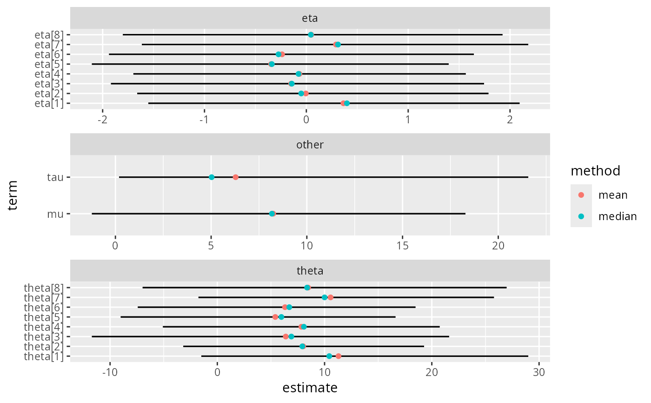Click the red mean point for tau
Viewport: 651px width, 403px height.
[x=235, y=177]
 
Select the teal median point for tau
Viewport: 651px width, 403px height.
[x=212, y=177]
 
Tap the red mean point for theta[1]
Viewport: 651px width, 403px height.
[x=338, y=356]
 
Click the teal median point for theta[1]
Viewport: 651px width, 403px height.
[x=329, y=356]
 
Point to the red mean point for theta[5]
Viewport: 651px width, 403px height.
[x=275, y=317]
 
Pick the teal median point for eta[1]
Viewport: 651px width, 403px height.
[x=347, y=103]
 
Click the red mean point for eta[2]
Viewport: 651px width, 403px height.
[x=306, y=94]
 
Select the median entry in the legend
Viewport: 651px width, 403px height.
[x=581, y=216]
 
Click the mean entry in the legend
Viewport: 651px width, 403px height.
[x=581, y=195]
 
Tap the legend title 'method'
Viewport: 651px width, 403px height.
[x=596, y=171]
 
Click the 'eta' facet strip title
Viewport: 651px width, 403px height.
[x=310, y=19]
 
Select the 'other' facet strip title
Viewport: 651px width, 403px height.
[x=310, y=145]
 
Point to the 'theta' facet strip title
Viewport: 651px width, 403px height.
[x=310, y=270]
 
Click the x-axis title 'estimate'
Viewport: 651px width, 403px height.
[x=310, y=388]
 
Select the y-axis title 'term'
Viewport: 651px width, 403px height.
[x=13, y=195]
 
